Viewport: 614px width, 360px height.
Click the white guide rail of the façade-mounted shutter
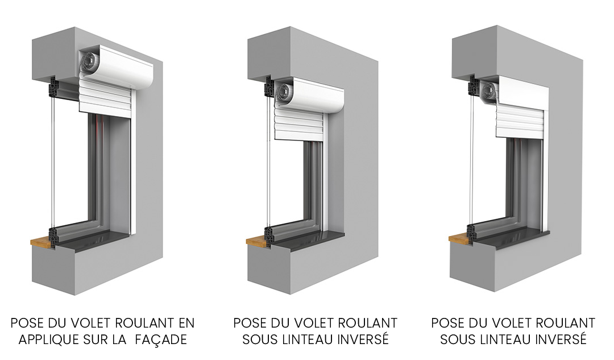click(132, 176)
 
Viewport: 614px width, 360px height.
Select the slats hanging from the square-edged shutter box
click(518, 121)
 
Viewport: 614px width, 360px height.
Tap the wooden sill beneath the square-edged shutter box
click(459, 239)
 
